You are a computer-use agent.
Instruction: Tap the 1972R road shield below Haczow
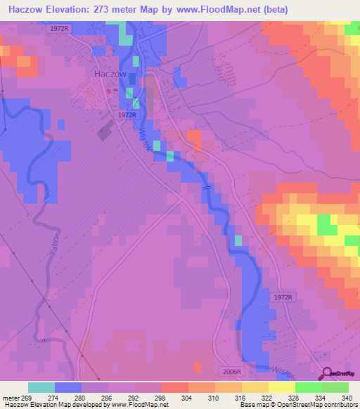point(127,115)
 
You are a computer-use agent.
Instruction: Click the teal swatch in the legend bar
point(41,387)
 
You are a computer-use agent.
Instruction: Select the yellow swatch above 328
point(281,387)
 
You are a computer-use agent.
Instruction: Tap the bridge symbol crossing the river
point(207,188)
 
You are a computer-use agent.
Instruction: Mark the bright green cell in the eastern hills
point(326,225)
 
